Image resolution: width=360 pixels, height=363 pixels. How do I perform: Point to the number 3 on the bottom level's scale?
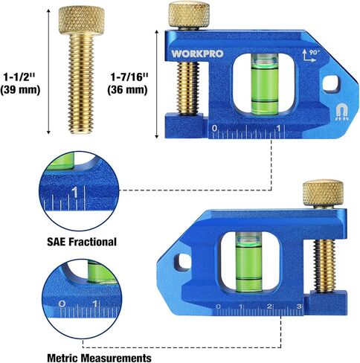point(298,307)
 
